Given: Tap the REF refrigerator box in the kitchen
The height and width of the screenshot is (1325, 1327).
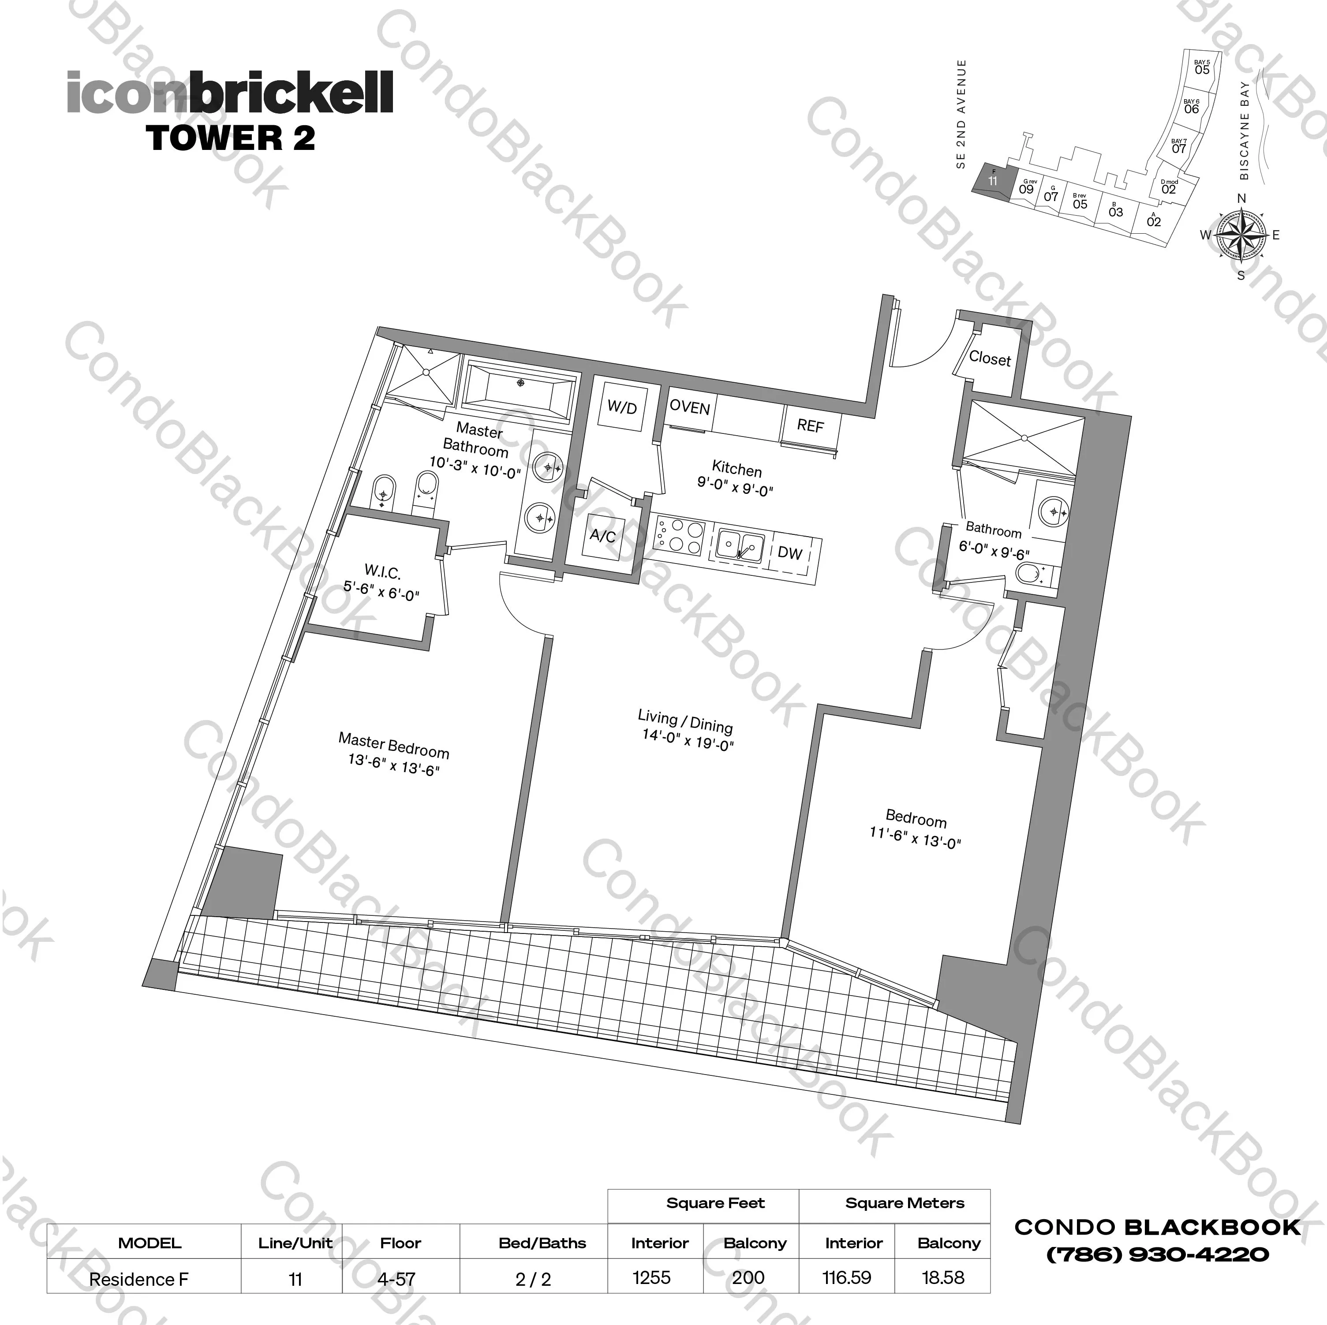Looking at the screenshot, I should (x=810, y=426).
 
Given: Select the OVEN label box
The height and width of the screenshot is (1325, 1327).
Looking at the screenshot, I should (x=690, y=408).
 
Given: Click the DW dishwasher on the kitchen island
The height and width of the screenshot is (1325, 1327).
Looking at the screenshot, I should (x=790, y=553).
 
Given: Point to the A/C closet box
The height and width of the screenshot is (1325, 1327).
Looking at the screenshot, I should (x=602, y=536).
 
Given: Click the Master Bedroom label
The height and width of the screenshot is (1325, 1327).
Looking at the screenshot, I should (x=393, y=745).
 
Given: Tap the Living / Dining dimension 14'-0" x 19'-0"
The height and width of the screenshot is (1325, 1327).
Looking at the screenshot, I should (x=688, y=740).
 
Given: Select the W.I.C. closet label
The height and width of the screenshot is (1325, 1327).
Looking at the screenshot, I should (x=382, y=571).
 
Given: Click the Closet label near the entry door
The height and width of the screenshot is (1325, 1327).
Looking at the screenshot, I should (x=990, y=358).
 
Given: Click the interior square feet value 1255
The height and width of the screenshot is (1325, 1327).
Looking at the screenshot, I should (x=651, y=1278).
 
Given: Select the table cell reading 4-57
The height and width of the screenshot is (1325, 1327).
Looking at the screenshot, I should (x=396, y=1279).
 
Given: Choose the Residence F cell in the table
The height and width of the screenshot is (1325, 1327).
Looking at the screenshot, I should (x=139, y=1279).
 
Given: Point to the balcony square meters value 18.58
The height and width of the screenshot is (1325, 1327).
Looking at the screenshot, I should (x=942, y=1278).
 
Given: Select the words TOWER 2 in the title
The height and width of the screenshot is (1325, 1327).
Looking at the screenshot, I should (x=231, y=138).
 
